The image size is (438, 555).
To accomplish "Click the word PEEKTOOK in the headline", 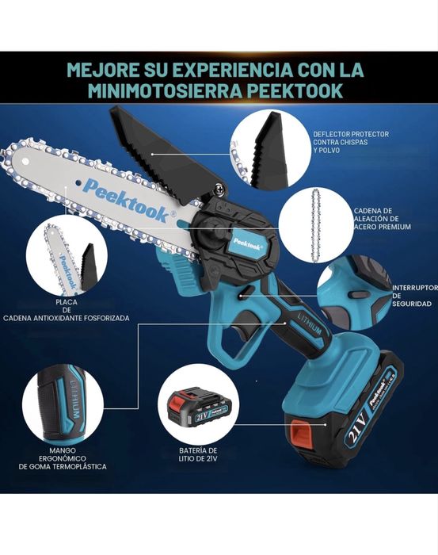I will pyautogui.click(x=298, y=90).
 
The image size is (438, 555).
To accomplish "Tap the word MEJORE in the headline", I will pyautogui.click(x=101, y=68).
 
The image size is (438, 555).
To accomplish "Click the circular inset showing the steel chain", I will pyautogui.click(x=317, y=224).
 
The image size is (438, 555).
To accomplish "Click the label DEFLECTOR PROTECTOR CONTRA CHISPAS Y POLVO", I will pyautogui.click(x=351, y=141).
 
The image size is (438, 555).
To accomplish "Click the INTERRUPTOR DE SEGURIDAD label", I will pyautogui.click(x=413, y=295).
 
